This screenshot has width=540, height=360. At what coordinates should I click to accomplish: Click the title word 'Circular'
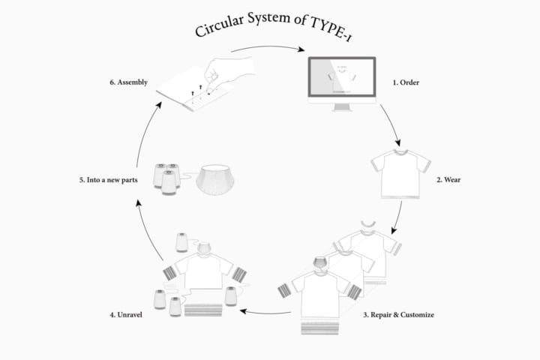[x=219, y=25]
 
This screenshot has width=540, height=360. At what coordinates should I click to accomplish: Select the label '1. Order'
[x=406, y=82]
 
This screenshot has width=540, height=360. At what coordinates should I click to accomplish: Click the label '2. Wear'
[x=448, y=179]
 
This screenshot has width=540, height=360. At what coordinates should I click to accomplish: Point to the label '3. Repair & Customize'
[x=398, y=314]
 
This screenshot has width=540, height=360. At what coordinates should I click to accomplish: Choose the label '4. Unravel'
[x=126, y=314]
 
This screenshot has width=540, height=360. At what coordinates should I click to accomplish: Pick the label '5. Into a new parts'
[x=109, y=180]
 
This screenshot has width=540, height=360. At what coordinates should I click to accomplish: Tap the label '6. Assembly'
[x=129, y=82]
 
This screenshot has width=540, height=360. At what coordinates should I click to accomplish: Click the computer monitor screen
[x=342, y=77]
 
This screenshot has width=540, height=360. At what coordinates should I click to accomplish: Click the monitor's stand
[x=342, y=107]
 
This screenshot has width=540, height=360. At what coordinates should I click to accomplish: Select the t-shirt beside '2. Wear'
[x=400, y=174]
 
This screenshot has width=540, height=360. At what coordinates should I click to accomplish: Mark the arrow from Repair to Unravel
[x=265, y=313]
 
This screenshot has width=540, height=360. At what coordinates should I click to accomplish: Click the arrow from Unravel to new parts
[x=148, y=230]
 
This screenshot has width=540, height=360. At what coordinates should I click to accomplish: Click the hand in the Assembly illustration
[x=227, y=71]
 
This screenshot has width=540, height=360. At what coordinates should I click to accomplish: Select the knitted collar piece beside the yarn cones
[x=215, y=179]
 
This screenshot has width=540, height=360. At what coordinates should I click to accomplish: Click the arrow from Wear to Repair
[x=398, y=217]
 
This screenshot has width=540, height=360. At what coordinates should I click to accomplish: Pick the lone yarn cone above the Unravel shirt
[x=181, y=242]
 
